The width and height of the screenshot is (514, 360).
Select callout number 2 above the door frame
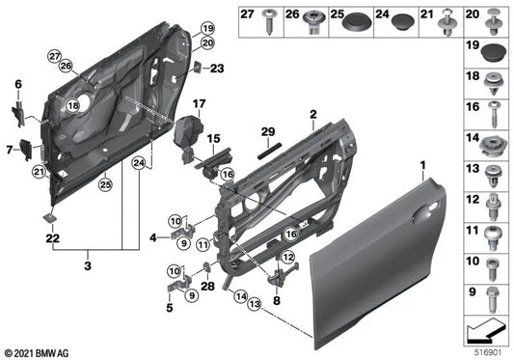click(x=312, y=114)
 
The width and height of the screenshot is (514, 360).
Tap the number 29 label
click(x=268, y=130)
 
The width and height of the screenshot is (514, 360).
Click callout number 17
click(x=200, y=103)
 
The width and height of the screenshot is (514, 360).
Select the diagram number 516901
click(x=488, y=350)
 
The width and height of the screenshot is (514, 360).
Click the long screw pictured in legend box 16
click(x=494, y=112)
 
